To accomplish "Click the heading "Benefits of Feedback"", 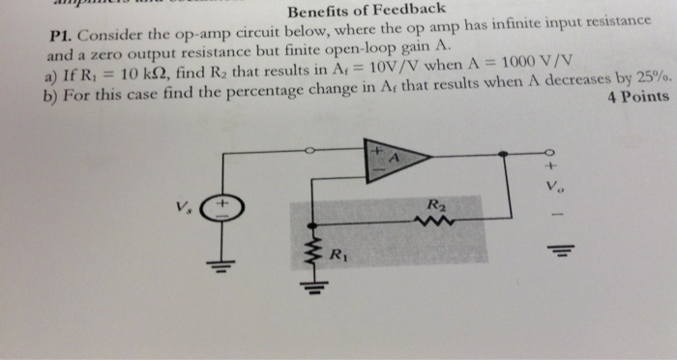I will point(366,10).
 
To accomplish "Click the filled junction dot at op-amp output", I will point(503,153).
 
